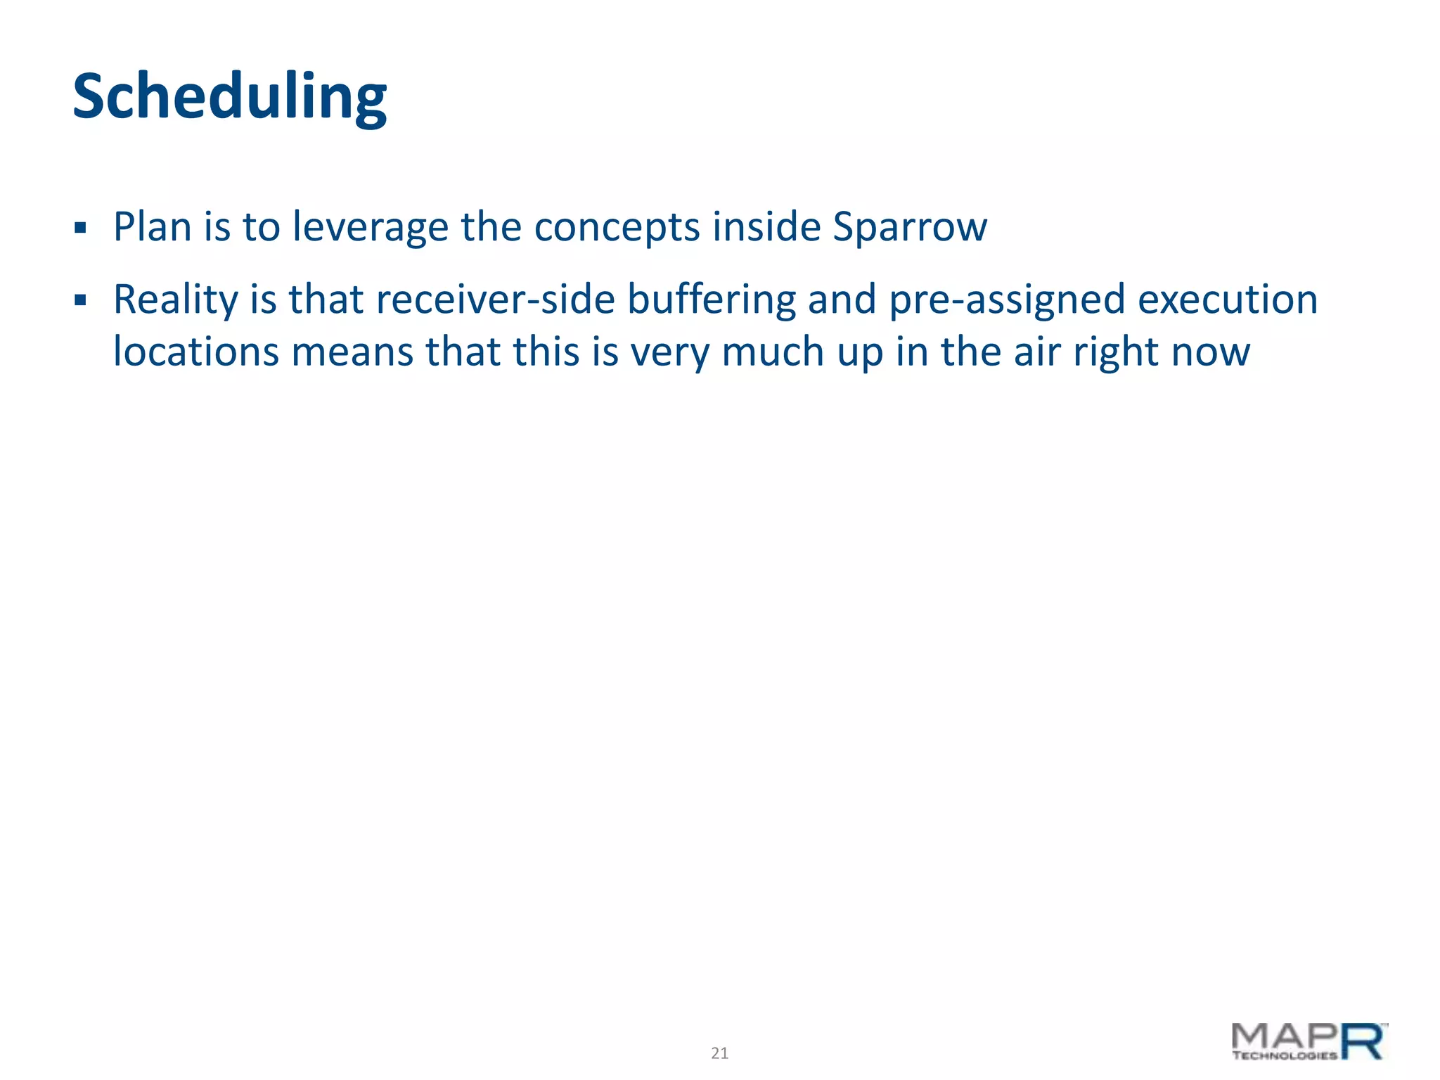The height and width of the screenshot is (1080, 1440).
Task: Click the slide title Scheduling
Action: coord(229,97)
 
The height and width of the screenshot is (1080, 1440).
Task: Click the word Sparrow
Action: coord(910,227)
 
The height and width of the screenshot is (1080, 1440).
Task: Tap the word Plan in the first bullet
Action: coord(153,227)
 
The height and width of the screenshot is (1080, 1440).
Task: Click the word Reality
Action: coord(176,300)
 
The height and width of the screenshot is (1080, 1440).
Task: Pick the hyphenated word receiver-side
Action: coord(495,300)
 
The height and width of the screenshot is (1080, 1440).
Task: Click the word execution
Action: coord(1228,300)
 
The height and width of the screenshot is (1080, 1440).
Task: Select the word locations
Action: coord(196,352)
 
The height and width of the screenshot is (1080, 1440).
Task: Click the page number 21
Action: coord(719,1053)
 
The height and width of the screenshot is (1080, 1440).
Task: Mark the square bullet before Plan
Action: coord(80,229)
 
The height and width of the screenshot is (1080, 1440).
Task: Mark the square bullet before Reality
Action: coord(80,301)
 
